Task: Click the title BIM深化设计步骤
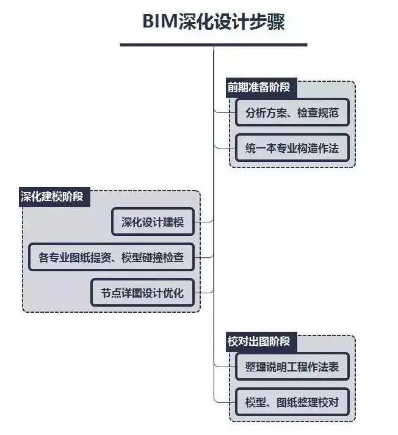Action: coord(214,22)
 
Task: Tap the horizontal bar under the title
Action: coord(214,45)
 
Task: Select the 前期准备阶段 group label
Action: coord(259,87)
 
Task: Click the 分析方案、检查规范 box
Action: coord(292,112)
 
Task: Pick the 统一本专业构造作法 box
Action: coord(292,148)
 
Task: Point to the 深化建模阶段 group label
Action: coord(52,197)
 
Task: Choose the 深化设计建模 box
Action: coord(153,222)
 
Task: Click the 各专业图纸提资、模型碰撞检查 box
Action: coord(111,257)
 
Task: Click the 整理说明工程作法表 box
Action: coord(292,368)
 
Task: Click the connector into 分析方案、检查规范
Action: coord(223,112)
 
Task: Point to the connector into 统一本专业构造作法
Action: coord(223,147)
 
